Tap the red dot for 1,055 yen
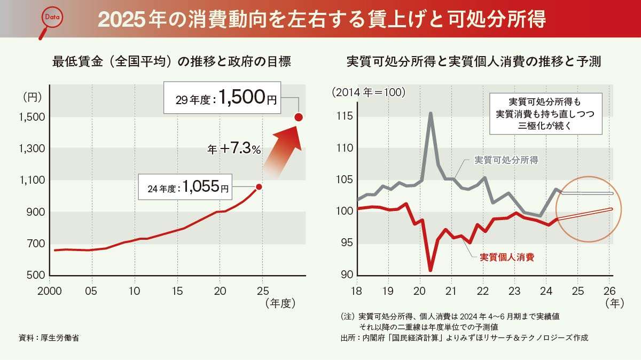click(x=259, y=186)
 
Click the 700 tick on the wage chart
click(x=35, y=244)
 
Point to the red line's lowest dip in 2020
click(x=431, y=270)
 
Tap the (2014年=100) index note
click(x=369, y=92)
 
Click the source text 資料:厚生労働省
click(x=49, y=338)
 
